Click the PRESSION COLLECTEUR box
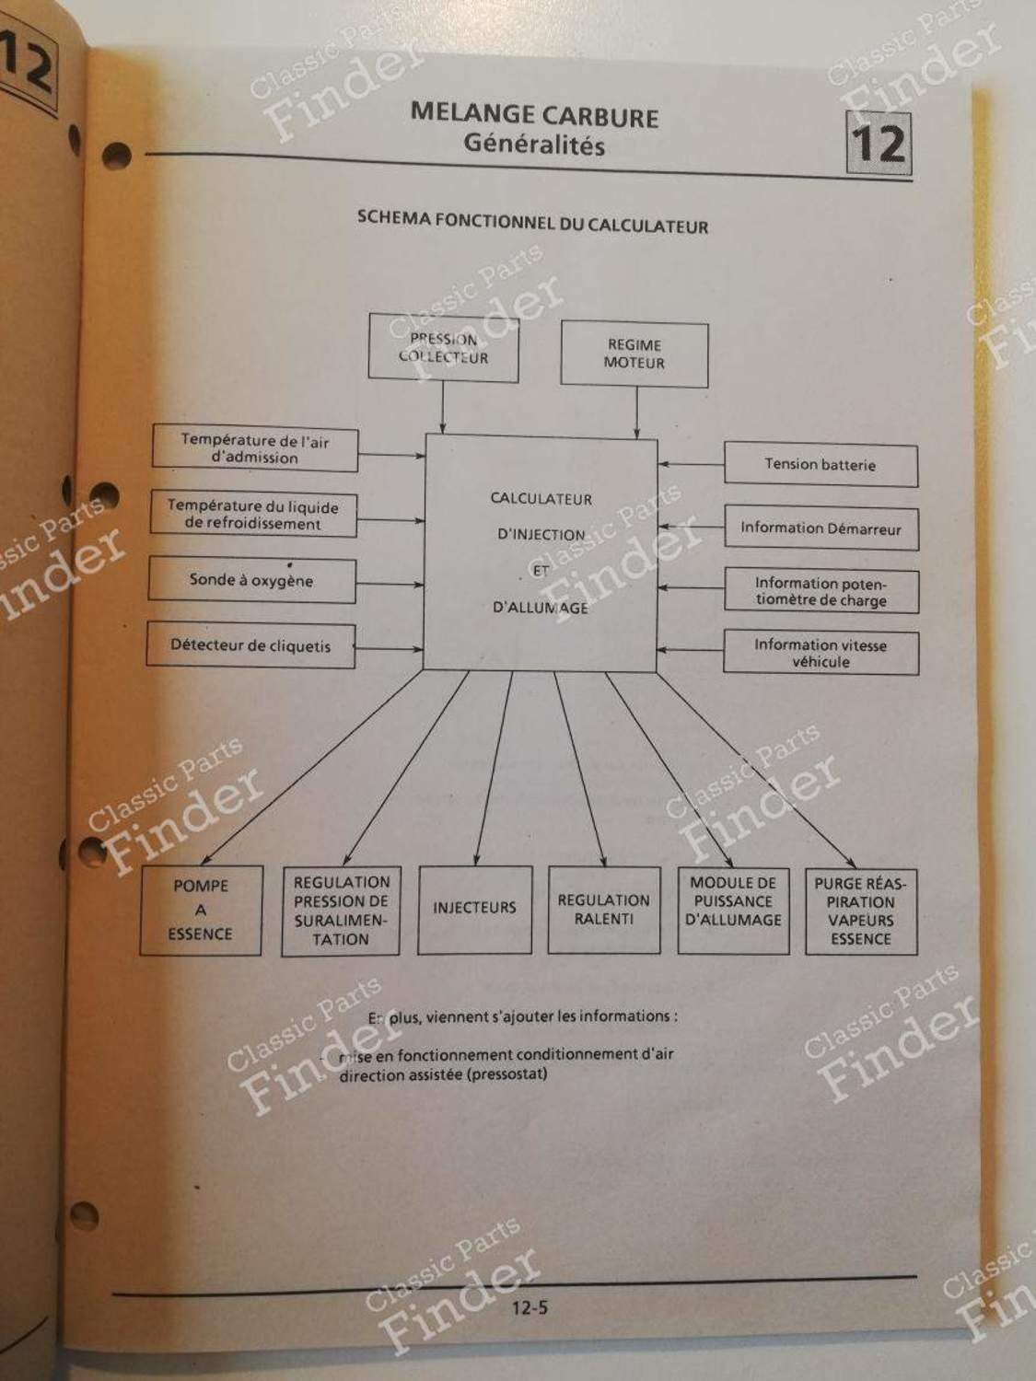(443, 348)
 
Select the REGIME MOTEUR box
(634, 354)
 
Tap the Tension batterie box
(821, 465)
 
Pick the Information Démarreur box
(821, 528)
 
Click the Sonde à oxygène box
(251, 581)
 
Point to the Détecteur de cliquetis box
(250, 645)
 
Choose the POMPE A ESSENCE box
(201, 910)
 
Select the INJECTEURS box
(474, 909)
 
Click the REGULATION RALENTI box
(603, 910)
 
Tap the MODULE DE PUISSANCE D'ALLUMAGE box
(733, 909)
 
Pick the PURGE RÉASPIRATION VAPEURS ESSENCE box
(860, 911)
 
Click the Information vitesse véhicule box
(821, 653)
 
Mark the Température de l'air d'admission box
(254, 449)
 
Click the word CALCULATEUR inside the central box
(541, 499)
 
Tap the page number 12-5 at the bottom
(530, 1306)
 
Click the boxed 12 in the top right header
(879, 145)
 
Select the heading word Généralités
(533, 145)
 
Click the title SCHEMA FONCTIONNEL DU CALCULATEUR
(532, 223)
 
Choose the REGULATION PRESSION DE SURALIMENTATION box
(341, 911)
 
